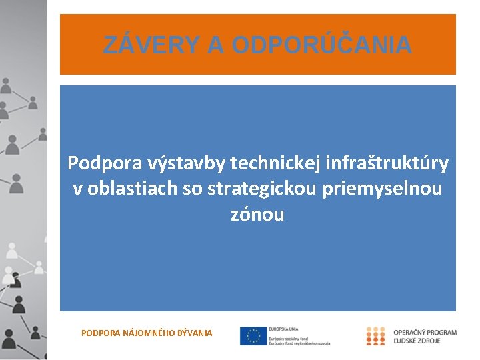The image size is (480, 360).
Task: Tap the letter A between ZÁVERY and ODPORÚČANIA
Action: pos(215,45)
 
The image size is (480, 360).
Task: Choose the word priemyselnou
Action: pos(382,189)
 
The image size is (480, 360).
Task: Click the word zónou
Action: pos(257,215)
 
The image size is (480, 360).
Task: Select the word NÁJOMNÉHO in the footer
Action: pos(148,332)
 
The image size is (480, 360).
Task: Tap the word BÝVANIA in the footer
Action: pos(195,332)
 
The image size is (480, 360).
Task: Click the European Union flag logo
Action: pos(253,336)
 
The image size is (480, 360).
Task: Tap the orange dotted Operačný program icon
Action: pos(375,336)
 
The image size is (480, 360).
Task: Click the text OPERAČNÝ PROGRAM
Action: pos(425,332)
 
